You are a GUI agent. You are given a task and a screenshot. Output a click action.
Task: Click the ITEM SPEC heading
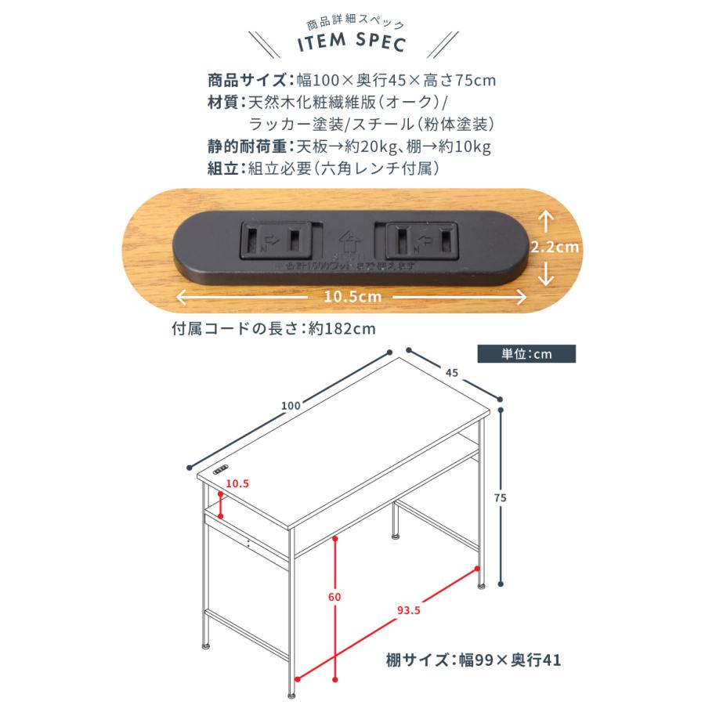352,45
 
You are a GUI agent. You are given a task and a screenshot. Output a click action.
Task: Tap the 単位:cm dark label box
526,353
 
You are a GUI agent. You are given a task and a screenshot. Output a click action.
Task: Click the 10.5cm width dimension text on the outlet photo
352,297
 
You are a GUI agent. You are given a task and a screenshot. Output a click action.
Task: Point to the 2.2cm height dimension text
555,246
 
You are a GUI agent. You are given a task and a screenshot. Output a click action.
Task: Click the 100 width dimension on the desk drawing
291,405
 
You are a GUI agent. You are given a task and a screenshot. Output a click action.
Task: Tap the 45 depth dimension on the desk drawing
451,374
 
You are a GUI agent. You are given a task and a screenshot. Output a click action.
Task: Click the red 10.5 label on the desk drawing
237,484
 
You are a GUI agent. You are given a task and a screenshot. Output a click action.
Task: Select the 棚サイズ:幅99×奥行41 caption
474,660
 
